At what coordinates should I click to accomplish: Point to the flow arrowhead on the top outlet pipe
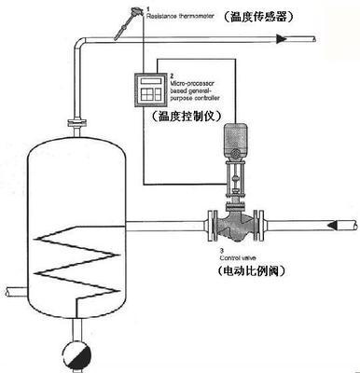click(x=281, y=37)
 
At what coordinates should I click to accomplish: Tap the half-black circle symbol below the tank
click(x=74, y=354)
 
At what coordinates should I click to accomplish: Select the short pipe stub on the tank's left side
click(x=11, y=291)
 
